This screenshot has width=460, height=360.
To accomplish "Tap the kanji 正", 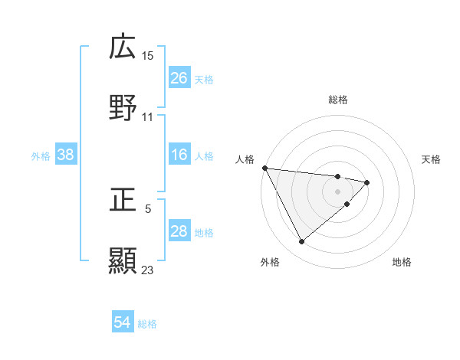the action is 123,200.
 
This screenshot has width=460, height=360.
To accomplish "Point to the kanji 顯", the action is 123,260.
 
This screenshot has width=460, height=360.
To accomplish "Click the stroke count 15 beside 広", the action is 148,55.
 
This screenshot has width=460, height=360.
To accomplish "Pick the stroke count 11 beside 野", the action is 148,116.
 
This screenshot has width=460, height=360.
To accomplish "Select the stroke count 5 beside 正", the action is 148,208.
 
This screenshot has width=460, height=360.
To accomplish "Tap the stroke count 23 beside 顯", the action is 148,270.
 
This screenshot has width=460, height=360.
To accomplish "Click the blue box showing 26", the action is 179,78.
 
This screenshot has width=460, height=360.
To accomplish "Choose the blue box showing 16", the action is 179,155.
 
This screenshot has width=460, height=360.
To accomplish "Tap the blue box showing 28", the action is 179,231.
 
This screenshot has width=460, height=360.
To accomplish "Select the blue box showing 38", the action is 66,155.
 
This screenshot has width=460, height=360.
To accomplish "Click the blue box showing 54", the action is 123,322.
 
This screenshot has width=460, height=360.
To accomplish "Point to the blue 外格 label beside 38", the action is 41,156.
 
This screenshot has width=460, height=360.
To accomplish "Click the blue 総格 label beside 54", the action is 147,324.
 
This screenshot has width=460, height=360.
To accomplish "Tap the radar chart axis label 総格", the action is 338,100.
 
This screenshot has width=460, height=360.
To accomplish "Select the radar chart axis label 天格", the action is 432,159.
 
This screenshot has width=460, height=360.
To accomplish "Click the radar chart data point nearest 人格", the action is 264,168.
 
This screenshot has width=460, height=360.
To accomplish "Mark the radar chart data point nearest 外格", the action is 301,242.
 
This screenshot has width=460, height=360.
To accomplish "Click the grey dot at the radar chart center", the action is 338,191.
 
